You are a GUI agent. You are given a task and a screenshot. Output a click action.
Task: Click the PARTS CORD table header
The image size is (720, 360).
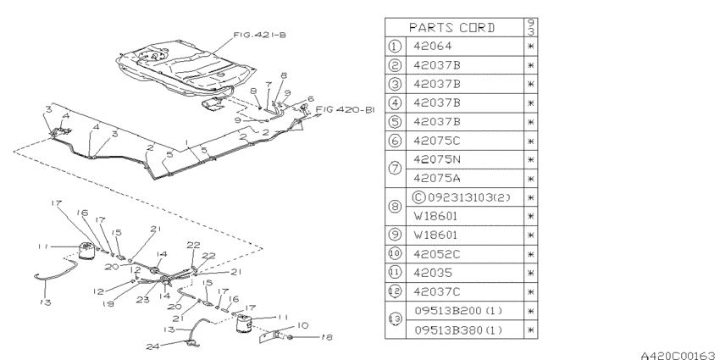(451, 28)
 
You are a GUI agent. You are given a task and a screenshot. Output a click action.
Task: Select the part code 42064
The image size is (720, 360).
(433, 46)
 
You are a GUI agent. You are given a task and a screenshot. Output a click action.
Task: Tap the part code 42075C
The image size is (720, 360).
(437, 141)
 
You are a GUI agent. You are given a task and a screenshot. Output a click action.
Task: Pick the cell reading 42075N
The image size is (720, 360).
(437, 159)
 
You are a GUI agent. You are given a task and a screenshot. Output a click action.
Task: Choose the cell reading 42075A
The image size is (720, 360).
(437, 178)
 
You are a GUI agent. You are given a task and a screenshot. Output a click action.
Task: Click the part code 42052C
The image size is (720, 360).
(437, 254)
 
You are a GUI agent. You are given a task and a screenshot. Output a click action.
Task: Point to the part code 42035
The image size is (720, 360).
(433, 273)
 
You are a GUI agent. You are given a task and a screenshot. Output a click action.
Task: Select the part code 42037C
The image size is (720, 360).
(437, 291)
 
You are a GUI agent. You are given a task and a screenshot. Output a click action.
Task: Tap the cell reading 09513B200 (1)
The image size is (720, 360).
(458, 311)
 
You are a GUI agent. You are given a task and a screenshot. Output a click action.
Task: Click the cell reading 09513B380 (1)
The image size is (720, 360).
(458, 330)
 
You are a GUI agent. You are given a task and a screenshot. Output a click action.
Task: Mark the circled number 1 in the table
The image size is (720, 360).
(396, 46)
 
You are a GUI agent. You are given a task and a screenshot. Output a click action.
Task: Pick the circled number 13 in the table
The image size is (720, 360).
(396, 319)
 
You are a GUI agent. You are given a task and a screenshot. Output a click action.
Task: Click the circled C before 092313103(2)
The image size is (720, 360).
(419, 197)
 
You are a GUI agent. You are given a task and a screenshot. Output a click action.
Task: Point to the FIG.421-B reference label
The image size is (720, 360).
(259, 35)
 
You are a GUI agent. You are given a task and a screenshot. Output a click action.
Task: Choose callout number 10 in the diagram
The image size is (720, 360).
(302, 325)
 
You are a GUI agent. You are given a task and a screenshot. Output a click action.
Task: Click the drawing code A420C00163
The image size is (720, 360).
(678, 355)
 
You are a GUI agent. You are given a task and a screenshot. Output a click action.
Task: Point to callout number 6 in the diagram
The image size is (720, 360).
(311, 98)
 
